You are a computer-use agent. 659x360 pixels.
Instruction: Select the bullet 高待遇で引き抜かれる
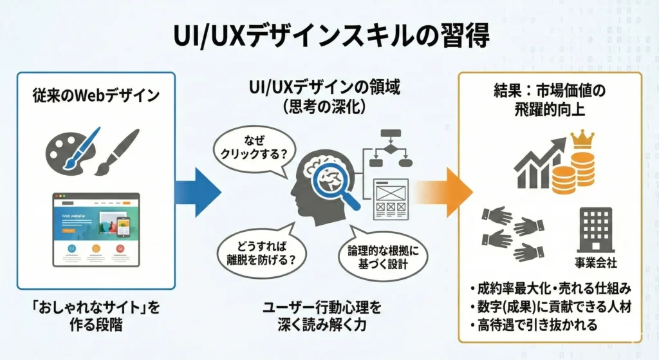click(538, 325)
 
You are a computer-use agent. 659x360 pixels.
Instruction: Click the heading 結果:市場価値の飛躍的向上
click(550, 99)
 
